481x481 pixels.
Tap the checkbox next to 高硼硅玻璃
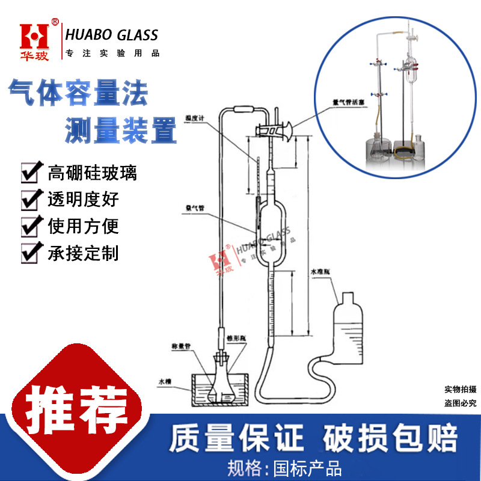pyautogui.click(x=32, y=173)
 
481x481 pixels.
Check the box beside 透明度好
pyautogui.click(x=32, y=199)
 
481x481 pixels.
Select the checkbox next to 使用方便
pyautogui.click(x=32, y=226)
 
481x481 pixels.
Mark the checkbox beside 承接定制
pyautogui.click(x=32, y=253)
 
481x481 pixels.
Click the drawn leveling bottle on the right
pyautogui.click(x=347, y=331)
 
